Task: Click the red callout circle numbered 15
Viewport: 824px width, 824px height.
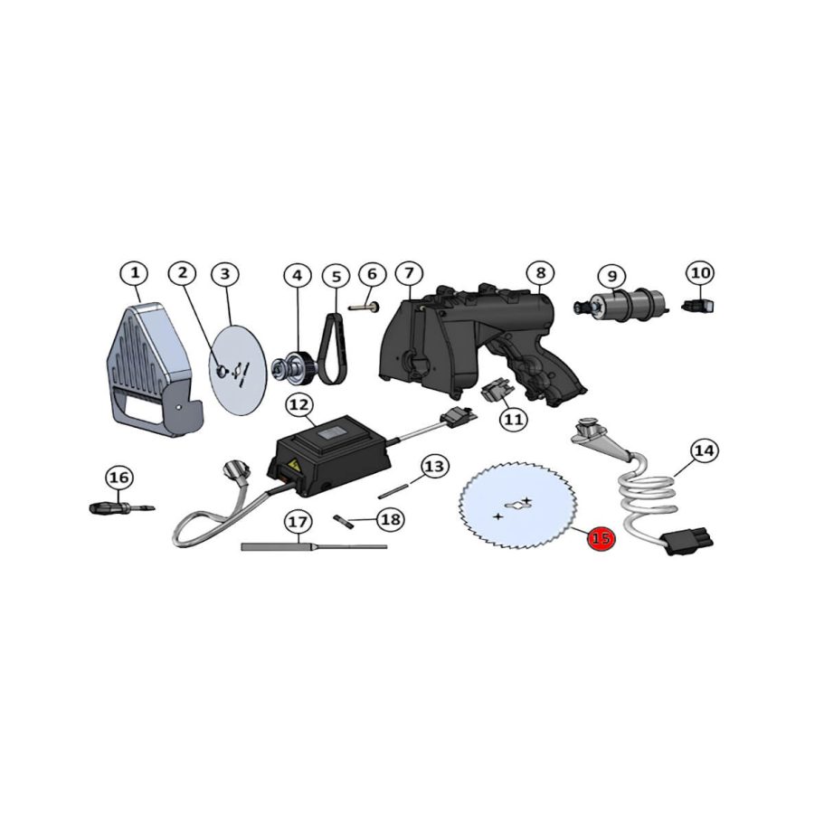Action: [601, 538]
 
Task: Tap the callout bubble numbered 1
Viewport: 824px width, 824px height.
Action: [134, 272]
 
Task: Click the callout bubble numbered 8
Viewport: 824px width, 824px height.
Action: [540, 272]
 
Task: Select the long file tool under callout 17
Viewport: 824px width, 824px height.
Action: [312, 545]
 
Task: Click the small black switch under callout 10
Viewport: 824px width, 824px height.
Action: [698, 307]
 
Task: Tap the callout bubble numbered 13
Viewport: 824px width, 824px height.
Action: [435, 466]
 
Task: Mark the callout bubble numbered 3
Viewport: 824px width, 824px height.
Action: [225, 273]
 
